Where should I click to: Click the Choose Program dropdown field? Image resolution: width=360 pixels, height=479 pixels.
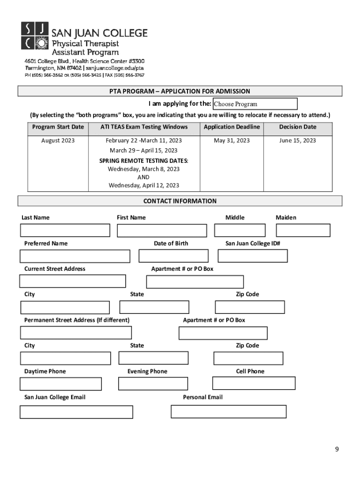click(255, 104)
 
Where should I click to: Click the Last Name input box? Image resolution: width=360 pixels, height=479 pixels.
click(65, 231)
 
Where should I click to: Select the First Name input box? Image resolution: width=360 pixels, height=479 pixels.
click(161, 231)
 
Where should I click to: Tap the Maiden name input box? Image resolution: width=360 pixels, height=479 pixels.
click(303, 231)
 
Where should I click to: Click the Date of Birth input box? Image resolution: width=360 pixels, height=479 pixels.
click(173, 256)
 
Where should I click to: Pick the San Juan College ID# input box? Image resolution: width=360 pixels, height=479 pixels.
click(252, 256)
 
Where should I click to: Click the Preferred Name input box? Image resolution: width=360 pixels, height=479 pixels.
click(75, 256)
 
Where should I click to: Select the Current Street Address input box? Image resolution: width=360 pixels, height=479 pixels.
click(72, 281)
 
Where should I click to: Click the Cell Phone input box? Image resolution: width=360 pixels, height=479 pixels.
click(253, 383)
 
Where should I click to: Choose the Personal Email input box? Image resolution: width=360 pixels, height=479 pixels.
click(228, 412)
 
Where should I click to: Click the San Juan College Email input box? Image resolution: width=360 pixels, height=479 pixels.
click(76, 412)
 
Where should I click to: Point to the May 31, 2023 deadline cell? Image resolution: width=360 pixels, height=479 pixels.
click(232, 141)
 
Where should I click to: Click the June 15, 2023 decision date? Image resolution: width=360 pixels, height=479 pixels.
click(297, 141)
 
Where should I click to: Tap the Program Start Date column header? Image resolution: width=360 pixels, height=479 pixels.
click(58, 127)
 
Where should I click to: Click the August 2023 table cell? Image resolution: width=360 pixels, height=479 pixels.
click(58, 141)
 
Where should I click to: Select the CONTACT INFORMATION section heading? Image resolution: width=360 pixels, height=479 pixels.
click(180, 201)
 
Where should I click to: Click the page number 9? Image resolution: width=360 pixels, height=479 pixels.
click(337, 450)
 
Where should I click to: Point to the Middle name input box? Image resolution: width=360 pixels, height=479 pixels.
click(240, 231)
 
